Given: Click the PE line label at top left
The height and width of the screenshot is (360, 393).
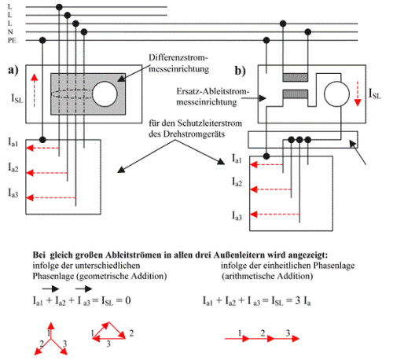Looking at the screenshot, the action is pyautogui.click(x=12, y=40).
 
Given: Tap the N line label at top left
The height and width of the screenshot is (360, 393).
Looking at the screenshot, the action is pyautogui.click(x=10, y=32).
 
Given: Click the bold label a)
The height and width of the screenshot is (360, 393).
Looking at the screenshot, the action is pyautogui.click(x=13, y=70).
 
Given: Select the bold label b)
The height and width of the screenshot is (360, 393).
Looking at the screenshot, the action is pyautogui.click(x=240, y=71).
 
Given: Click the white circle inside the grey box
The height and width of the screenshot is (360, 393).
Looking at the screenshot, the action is pyautogui.click(x=105, y=94).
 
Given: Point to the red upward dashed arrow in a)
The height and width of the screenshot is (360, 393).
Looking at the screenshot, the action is pyautogui.click(x=34, y=90).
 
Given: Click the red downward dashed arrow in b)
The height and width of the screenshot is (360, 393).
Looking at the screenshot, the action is pyautogui.click(x=358, y=94).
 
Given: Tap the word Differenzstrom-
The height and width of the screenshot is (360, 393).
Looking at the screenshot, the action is pyautogui.click(x=178, y=57).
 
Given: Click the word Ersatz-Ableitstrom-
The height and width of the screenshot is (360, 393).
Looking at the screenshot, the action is pyautogui.click(x=213, y=91).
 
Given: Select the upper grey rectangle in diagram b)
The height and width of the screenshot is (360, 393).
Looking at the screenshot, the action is pyautogui.click(x=296, y=77).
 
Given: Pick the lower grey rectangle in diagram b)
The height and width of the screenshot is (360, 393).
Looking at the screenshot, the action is pyautogui.click(x=296, y=94).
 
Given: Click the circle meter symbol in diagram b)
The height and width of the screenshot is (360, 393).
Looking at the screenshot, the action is pyautogui.click(x=336, y=94).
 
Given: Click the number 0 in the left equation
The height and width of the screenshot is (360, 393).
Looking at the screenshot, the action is pyautogui.click(x=128, y=300).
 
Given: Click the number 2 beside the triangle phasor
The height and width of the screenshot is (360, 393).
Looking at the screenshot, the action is pyautogui.click(x=131, y=333).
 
